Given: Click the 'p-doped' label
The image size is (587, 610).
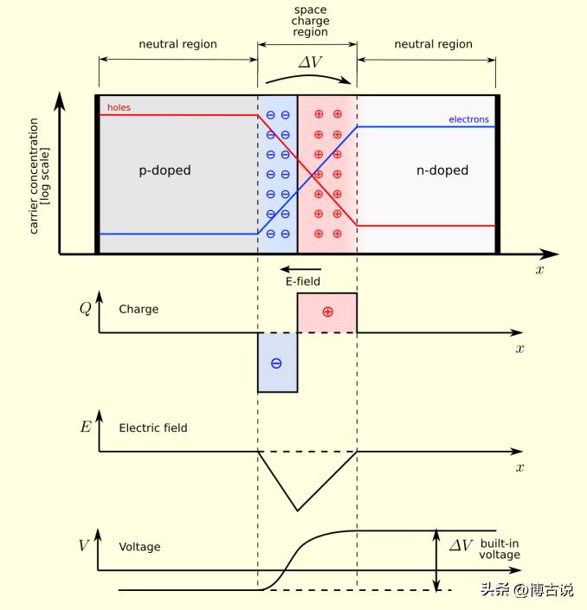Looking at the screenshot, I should [x=164, y=170].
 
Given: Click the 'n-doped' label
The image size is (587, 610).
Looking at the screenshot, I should [x=442, y=170].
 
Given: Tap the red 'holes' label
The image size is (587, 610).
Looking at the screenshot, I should [x=119, y=108].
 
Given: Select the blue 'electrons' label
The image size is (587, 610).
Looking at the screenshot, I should [x=468, y=119].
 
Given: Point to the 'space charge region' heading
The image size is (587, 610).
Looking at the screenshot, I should [x=310, y=21].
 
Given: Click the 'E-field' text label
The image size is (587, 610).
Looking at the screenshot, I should [x=303, y=281].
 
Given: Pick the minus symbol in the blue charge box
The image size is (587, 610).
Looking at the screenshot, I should [x=276, y=363].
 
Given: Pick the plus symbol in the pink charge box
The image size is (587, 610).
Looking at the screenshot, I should [x=327, y=311].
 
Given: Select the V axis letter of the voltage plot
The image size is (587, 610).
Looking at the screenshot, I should [x=83, y=545].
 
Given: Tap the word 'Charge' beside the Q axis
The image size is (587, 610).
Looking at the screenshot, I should [x=139, y=309].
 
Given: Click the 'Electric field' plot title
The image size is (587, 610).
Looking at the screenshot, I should [x=152, y=427].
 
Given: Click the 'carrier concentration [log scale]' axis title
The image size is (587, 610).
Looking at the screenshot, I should [x=38, y=177].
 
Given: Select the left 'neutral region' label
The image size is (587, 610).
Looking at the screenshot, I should [x=177, y=43].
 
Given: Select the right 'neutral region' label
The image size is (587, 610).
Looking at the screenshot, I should [x=433, y=43].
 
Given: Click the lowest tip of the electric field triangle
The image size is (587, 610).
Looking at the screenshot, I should [x=297, y=510].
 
